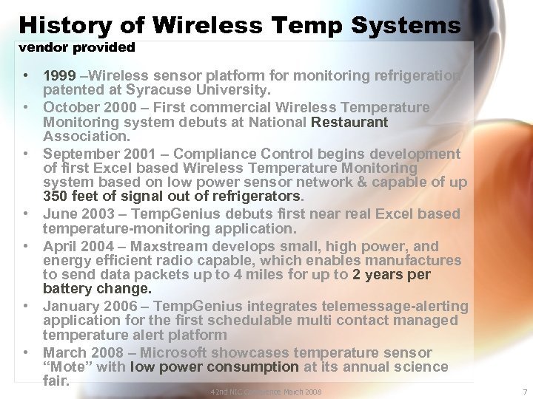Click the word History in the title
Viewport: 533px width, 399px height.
tap(64, 25)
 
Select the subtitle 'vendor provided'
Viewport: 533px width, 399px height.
tap(77, 48)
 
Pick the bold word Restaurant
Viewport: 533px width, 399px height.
tap(349, 122)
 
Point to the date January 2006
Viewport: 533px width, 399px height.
tap(90, 307)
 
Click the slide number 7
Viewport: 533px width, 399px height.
tap(523, 392)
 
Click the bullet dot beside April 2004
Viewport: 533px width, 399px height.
tap(25, 246)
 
